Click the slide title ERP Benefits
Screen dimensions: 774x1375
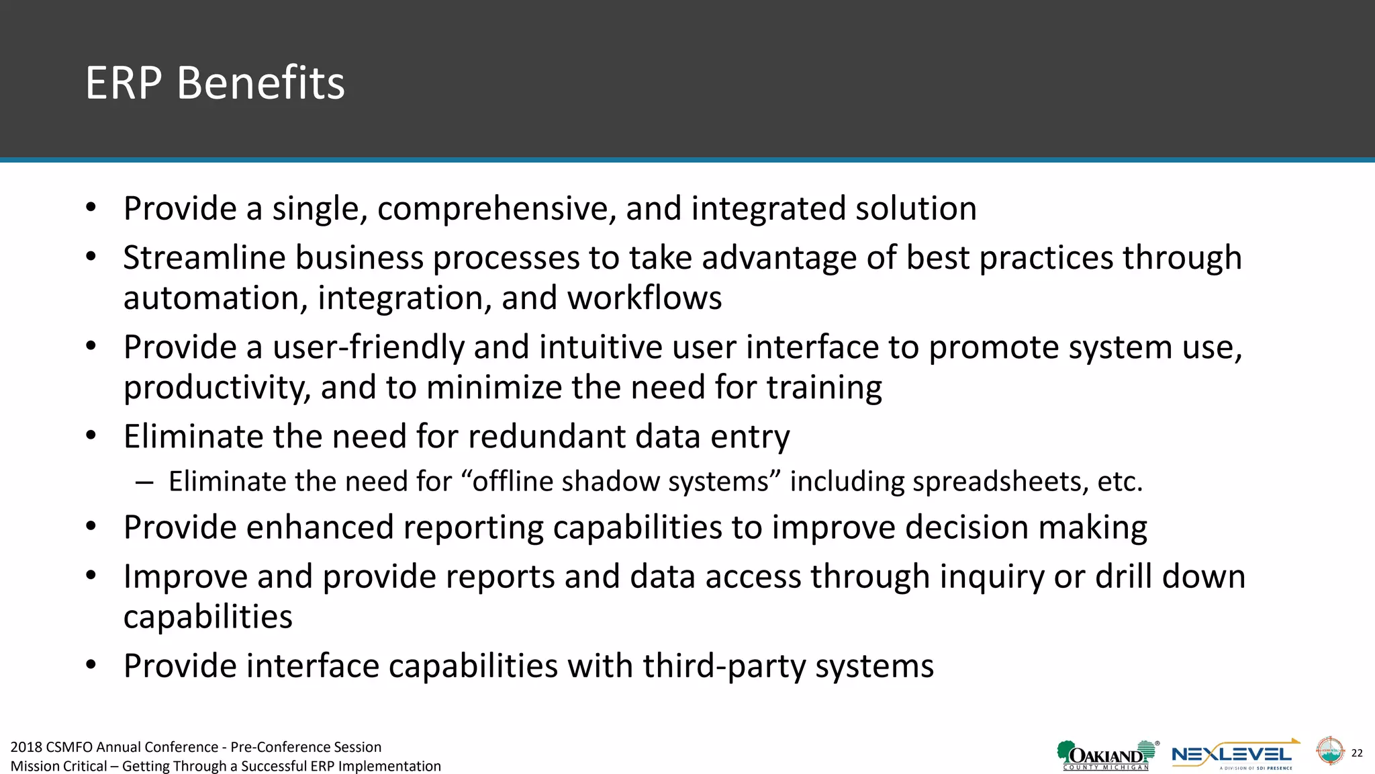pyautogui.click(x=215, y=83)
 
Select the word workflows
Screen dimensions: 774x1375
pyautogui.click(x=645, y=298)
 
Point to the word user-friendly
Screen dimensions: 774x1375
pyautogui.click(x=368, y=348)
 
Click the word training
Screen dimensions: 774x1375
pyautogui.click(x=824, y=388)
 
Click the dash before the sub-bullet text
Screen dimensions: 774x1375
pyautogui.click(x=144, y=482)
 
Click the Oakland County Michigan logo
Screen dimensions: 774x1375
pyautogui.click(x=1106, y=755)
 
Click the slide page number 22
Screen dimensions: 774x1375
pyautogui.click(x=1357, y=753)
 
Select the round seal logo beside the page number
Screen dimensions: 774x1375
pyautogui.click(x=1329, y=751)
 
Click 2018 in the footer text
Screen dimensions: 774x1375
pyautogui.click(x=26, y=747)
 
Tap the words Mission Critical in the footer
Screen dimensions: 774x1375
pyautogui.click(x=58, y=767)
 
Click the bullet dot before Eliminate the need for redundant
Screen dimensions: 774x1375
pyautogui.click(x=91, y=435)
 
